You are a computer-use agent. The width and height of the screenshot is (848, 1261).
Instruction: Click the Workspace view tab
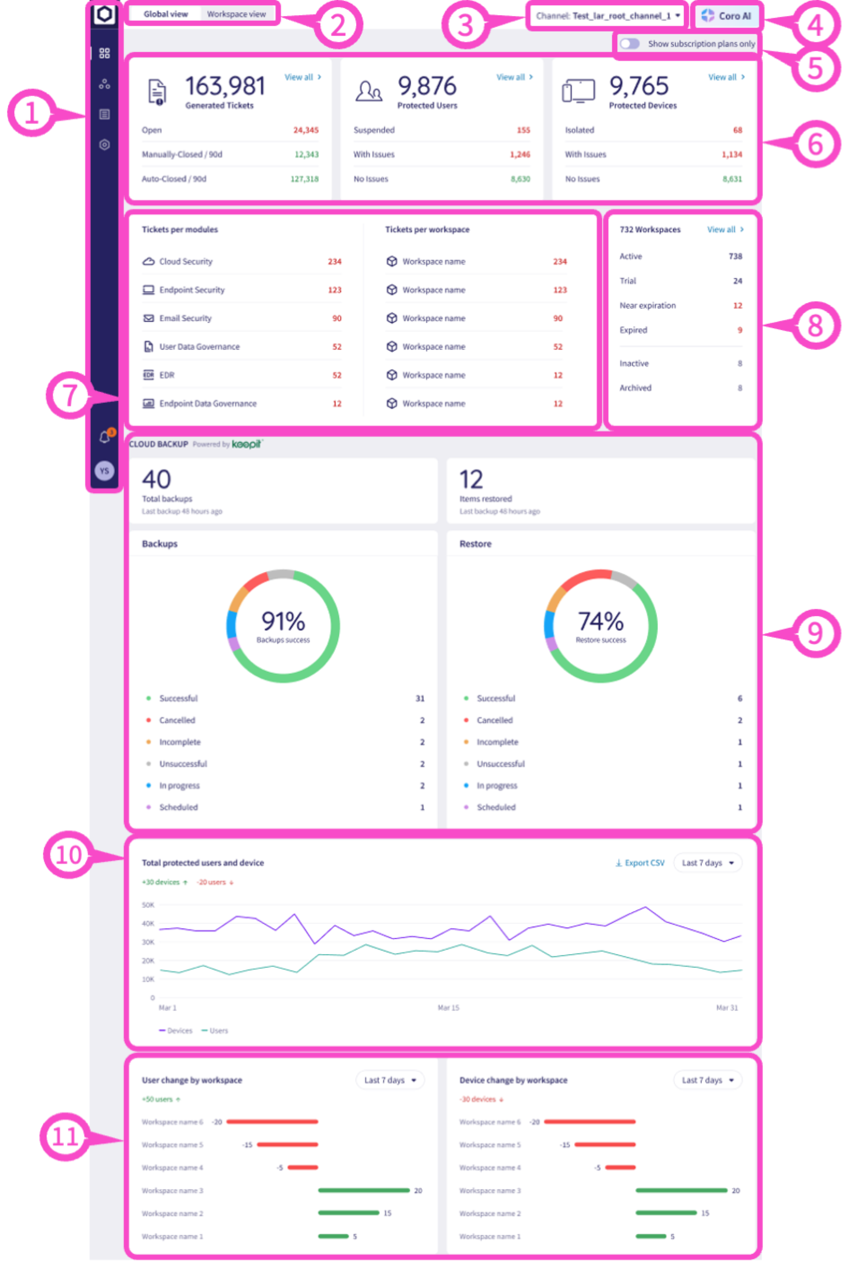(236, 14)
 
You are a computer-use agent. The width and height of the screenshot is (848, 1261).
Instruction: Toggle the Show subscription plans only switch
(630, 44)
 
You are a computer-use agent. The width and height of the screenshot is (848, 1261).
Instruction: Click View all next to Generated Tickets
(303, 77)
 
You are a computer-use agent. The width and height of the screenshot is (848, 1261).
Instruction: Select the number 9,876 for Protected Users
(427, 86)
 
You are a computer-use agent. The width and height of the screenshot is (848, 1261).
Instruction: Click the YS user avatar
(104, 471)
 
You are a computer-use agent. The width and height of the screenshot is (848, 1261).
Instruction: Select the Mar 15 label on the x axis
(448, 1007)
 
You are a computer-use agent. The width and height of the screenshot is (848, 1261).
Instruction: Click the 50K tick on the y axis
(148, 905)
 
